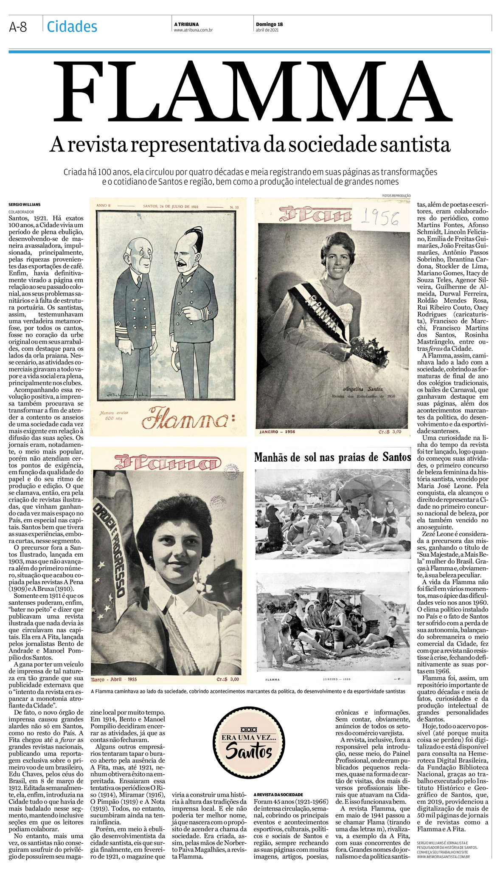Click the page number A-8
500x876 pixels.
pyautogui.click(x=18, y=27)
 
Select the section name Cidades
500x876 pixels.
pyautogui.click(x=72, y=27)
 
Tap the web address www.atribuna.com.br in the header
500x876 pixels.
pyautogui.click(x=193, y=30)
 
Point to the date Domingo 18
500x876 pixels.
pyautogui.click(x=269, y=24)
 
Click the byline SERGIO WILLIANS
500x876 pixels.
pyautogui.click(x=25, y=205)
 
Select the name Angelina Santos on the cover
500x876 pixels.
pyautogui.click(x=362, y=389)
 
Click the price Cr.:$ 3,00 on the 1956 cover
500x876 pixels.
pyautogui.click(x=390, y=431)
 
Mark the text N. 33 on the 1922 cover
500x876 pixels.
pyautogui.click(x=234, y=207)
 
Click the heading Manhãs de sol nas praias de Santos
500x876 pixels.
pyautogui.click(x=332, y=457)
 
